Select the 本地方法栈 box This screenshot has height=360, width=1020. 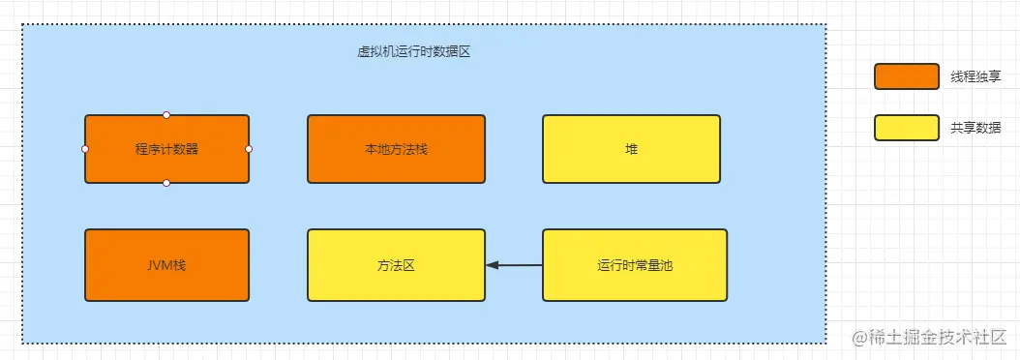pyautogui.click(x=396, y=149)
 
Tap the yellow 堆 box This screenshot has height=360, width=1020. pyautogui.click(x=631, y=149)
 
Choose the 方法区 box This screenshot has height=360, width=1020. pyautogui.click(x=396, y=264)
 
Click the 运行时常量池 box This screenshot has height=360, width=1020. pyautogui.click(x=631, y=264)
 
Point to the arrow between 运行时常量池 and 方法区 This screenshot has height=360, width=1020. pyautogui.click(x=515, y=264)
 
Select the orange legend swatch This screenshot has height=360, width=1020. pyautogui.click(x=906, y=76)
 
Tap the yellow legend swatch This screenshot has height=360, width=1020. pyautogui.click(x=906, y=128)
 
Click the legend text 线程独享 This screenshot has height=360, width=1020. pyautogui.click(x=976, y=76)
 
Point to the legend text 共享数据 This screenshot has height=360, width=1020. pyautogui.click(x=976, y=128)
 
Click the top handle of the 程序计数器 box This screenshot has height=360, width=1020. pyautogui.click(x=166, y=115)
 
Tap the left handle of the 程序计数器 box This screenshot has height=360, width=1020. pyautogui.click(x=85, y=149)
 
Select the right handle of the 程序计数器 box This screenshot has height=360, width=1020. pyautogui.click(x=249, y=149)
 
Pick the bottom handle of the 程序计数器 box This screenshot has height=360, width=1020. pyautogui.click(x=166, y=183)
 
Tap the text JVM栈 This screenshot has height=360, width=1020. pyautogui.click(x=166, y=264)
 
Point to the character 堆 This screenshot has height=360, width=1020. pyautogui.click(x=631, y=149)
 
